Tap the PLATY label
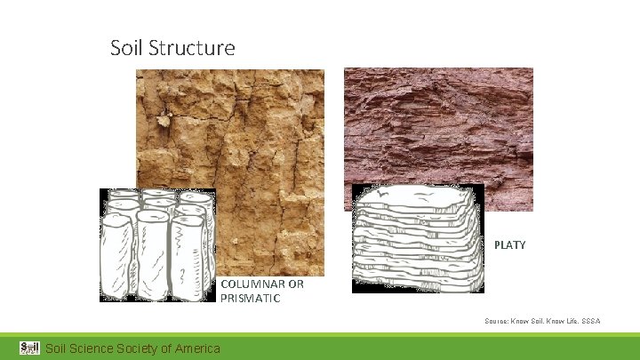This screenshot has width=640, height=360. pos(509,244)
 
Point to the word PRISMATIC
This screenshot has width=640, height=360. pos(250,299)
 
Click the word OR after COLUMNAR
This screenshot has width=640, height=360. pos(295,284)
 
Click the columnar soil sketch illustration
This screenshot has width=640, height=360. pos(157,244)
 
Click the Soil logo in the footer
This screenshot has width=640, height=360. pos(29,347)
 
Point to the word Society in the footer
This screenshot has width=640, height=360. pos(143,348)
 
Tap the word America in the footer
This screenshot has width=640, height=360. pos(197,348)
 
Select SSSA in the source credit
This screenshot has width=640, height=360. pos(590,320)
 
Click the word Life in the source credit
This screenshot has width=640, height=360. pos(566,320)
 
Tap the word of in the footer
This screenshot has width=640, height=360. pos(169,348)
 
